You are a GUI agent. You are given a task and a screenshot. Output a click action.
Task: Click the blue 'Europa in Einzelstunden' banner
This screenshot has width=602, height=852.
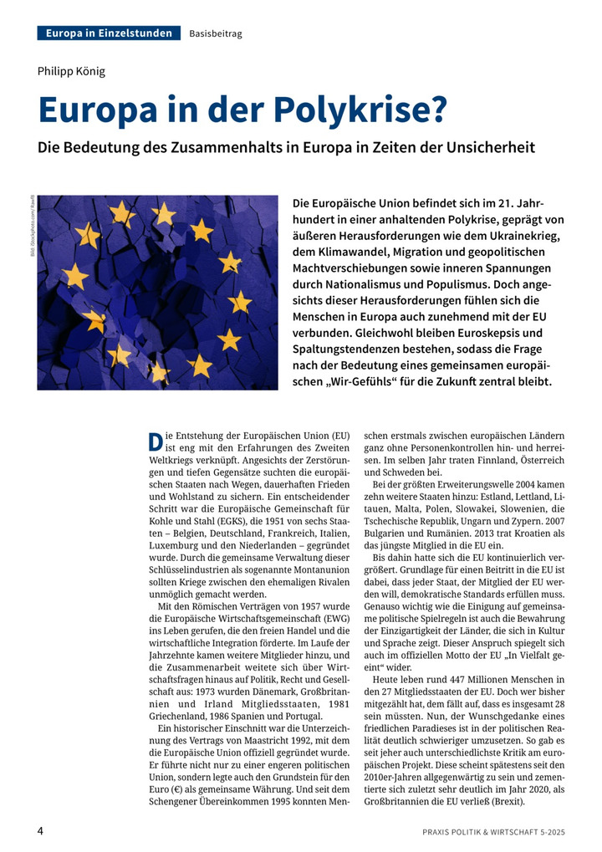(110, 33)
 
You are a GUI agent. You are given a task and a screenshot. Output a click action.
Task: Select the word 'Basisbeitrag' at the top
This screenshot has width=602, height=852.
(216, 33)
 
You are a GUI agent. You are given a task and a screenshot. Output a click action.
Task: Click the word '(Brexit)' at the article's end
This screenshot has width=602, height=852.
(503, 801)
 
